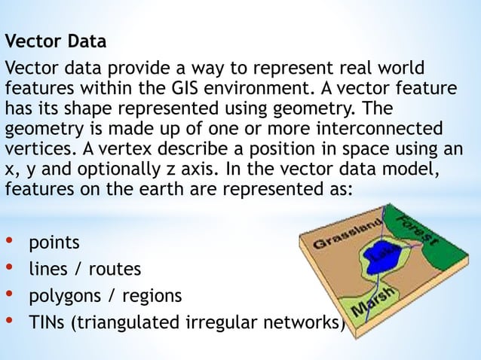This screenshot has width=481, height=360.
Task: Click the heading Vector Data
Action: pyautogui.click(x=56, y=38)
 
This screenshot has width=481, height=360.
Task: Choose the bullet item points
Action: pyautogui.click(x=53, y=245)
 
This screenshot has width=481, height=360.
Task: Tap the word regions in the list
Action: pyautogui.click(x=155, y=294)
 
